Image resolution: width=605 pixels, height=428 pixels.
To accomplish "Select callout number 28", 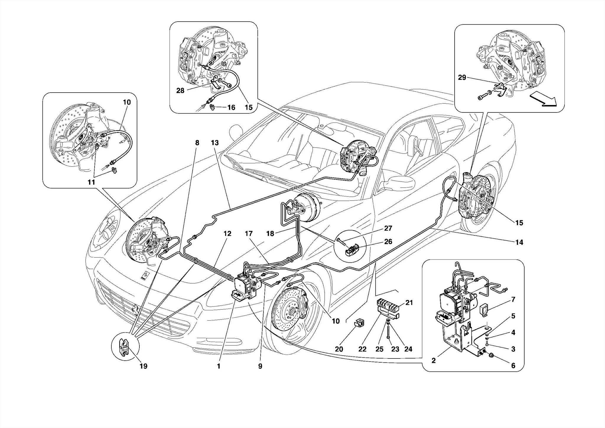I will click(x=180, y=91).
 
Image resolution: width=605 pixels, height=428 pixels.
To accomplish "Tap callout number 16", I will click(x=231, y=107).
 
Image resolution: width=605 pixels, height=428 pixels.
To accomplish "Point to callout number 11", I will click(x=91, y=182).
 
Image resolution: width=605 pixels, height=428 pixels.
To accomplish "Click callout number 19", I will click(x=143, y=366).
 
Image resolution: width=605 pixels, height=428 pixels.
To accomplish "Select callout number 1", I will click(x=219, y=366).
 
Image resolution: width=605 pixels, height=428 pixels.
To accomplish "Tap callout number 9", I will click(x=260, y=366).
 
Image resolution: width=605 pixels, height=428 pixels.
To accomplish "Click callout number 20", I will click(x=339, y=349).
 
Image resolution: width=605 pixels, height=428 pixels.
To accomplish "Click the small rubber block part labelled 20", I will click(x=359, y=322).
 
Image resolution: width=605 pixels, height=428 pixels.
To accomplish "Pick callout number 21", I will click(x=409, y=303).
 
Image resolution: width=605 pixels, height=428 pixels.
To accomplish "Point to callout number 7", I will click(x=513, y=299).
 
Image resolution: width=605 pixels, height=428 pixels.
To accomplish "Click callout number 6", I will click(x=513, y=366).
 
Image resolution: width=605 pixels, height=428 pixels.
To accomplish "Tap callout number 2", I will click(x=433, y=361).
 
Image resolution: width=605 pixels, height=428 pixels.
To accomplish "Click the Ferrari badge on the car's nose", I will click(x=145, y=275).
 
